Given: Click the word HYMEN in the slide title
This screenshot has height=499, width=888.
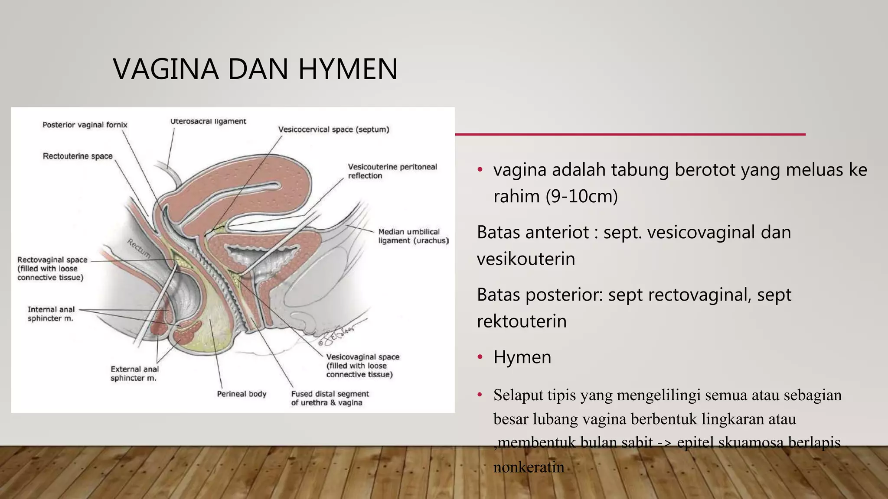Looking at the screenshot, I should pos(348,69).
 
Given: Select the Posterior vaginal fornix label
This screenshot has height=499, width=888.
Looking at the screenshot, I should pos(85,125).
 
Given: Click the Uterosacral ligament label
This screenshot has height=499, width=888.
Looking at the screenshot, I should pos(208,121).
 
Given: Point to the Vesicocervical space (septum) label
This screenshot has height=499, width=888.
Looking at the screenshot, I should pos(333,129).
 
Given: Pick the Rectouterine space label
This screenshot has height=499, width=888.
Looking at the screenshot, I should pos(78,156).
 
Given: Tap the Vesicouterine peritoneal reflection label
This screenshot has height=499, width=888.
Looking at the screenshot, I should pos(392,171).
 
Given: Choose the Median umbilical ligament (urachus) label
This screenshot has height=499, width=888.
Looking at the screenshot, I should pos(413,236).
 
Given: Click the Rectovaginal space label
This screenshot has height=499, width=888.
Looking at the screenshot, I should pos(52,260).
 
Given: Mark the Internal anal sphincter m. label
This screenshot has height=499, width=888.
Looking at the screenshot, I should pos(51,314).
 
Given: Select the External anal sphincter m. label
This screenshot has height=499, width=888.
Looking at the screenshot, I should pos(134,373).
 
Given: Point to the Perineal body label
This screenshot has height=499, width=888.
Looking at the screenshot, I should pos(242,394).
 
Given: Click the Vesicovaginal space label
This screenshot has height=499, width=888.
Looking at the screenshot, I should pos(362,357).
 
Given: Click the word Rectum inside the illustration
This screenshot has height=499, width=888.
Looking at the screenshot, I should pos(139,248).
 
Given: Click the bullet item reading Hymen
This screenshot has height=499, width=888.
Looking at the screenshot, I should pos(522,357).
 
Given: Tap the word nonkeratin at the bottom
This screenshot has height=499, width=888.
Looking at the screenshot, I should pos(529,467).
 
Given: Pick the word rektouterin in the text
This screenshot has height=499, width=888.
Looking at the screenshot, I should pos(522,321).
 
